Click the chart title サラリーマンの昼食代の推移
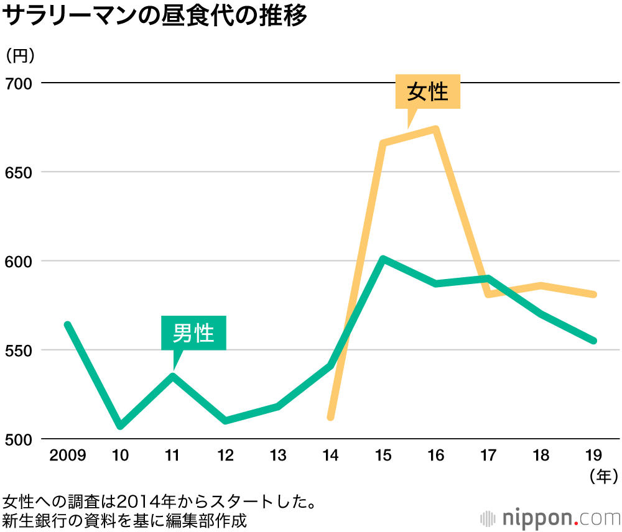click(155, 17)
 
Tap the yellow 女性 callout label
click(428, 92)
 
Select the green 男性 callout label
click(193, 333)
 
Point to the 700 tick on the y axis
click(19, 83)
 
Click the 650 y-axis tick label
click(19, 172)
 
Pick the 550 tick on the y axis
click(19, 350)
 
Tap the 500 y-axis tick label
click(19, 439)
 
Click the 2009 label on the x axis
click(67, 457)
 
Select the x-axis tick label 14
click(331, 457)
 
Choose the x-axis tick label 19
click(594, 457)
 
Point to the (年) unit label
click(602, 477)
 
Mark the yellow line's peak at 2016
click(436, 129)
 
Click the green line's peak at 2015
click(383, 259)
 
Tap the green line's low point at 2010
click(120, 426)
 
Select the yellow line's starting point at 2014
click(331, 416)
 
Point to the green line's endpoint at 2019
click(594, 341)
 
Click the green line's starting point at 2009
click(67, 324)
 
